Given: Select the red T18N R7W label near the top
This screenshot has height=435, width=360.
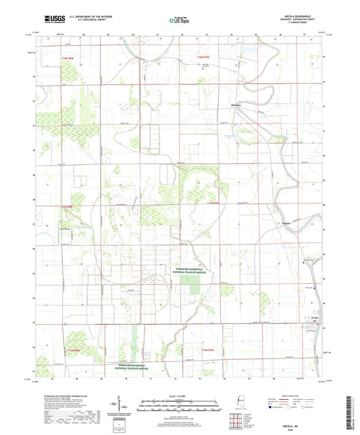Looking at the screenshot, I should coord(203,59).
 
